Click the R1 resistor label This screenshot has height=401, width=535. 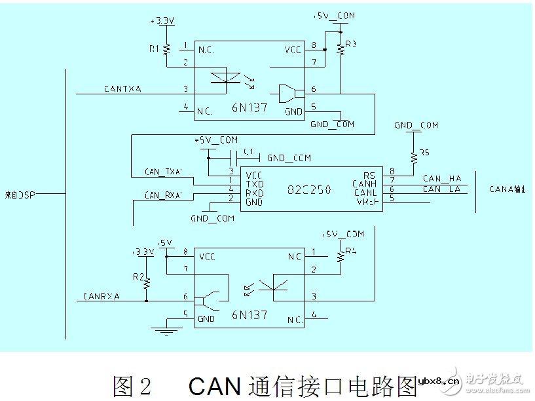pos(155,48)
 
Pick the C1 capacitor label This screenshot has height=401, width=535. pos(247,151)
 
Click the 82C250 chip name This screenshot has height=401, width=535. pos(308,190)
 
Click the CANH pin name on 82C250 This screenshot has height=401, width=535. pos(364,183)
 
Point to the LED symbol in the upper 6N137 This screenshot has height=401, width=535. pos(224,77)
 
